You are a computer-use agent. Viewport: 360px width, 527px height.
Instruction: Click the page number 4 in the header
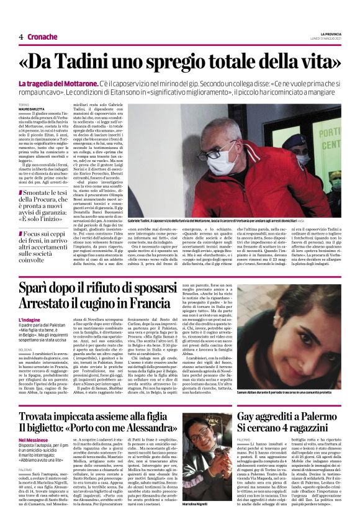point(21,37)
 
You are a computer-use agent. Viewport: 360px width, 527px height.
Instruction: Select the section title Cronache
point(42,37)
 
